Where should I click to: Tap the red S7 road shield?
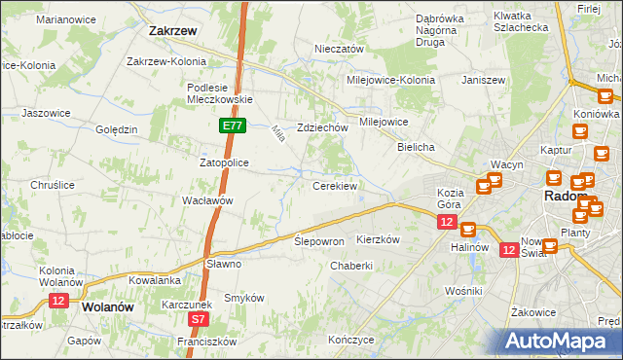(x=199, y=318)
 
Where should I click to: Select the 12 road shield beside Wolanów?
(x=58, y=302)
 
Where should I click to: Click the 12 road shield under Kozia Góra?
(x=446, y=223)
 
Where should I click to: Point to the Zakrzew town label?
(x=174, y=31)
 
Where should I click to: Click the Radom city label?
(x=564, y=197)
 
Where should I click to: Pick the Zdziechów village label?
(x=322, y=127)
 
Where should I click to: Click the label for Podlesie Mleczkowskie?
(x=220, y=92)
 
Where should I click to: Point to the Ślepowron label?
(x=319, y=240)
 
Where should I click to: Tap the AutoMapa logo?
(x=560, y=341)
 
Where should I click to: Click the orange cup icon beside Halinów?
(x=468, y=230)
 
